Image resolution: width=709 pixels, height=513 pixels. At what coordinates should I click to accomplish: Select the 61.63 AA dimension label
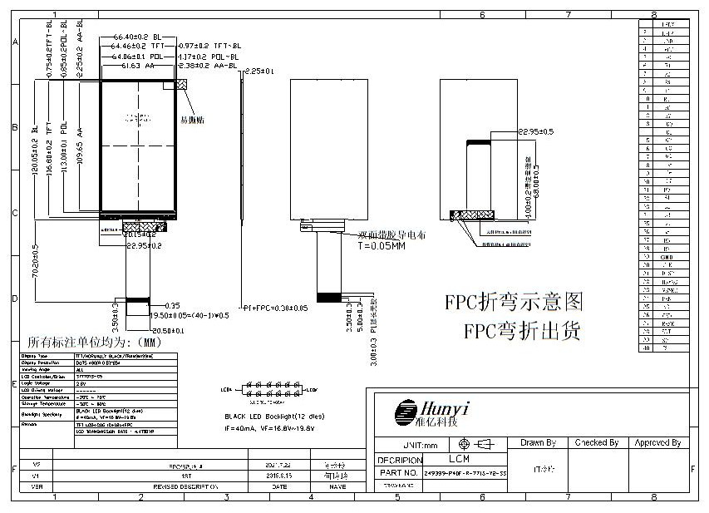coord(138,65)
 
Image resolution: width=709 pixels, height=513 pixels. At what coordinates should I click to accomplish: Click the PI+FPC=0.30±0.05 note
coord(275,308)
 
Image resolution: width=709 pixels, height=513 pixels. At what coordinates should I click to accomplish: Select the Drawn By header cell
coord(538,443)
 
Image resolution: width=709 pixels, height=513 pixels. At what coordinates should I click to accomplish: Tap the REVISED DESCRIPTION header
coord(185,486)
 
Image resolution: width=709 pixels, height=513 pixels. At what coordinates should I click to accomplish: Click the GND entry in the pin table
coord(667,258)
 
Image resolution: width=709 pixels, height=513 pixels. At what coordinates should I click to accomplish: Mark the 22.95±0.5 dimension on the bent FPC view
coord(535,131)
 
